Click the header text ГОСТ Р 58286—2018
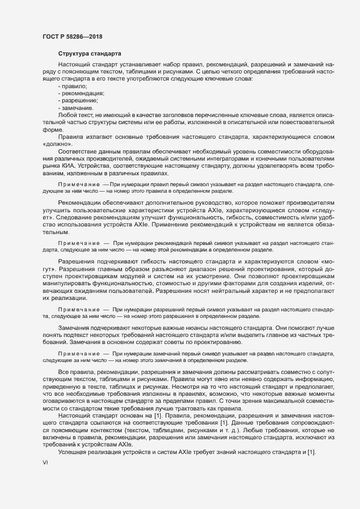72,36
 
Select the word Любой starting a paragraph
68,115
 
